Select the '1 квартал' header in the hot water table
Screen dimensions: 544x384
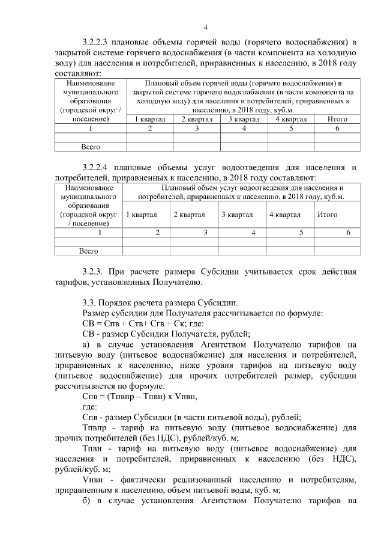click(x=150, y=119)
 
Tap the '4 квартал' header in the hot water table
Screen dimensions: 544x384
click(x=291, y=119)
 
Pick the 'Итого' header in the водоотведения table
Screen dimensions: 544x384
click(x=327, y=215)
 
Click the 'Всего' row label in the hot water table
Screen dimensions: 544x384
click(x=90, y=146)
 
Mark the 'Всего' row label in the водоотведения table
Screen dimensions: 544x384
click(x=89, y=251)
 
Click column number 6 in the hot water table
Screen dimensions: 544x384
click(x=337, y=128)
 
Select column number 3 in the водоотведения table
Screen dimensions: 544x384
click(x=205, y=232)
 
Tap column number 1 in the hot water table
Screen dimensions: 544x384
click(x=90, y=128)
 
